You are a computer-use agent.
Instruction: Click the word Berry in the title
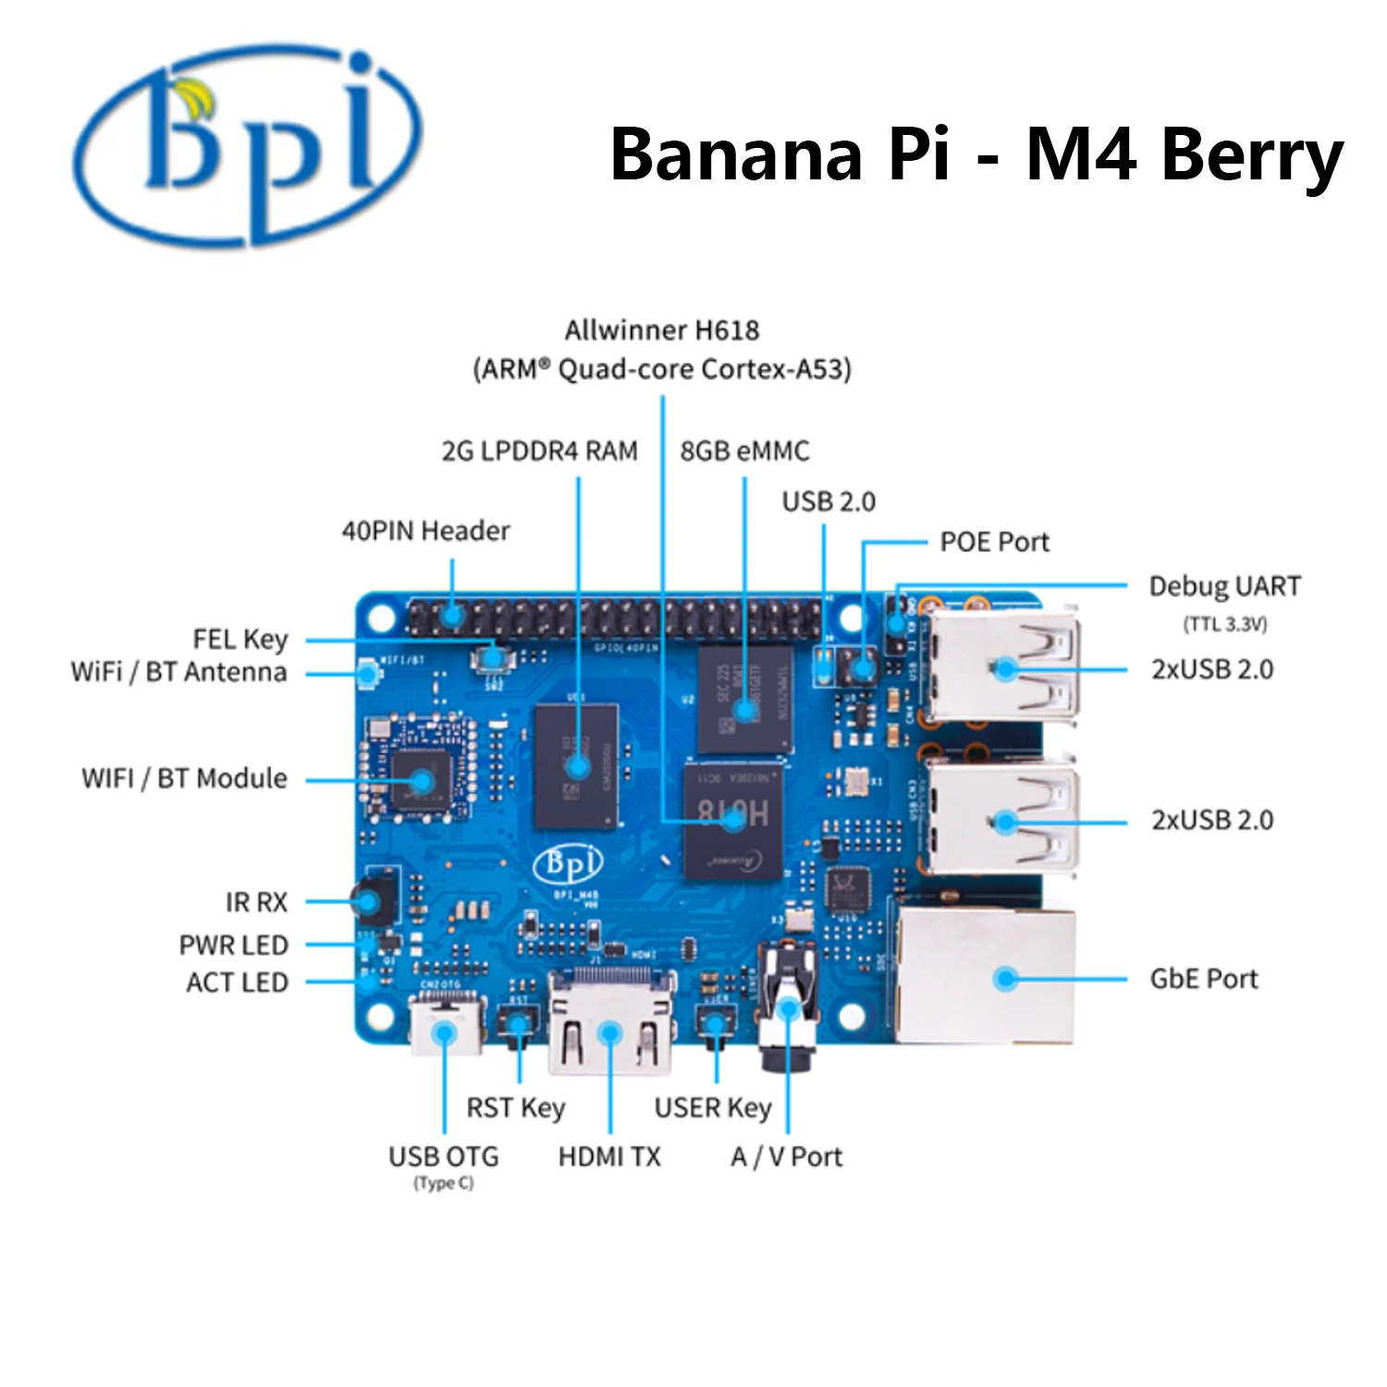(1251, 155)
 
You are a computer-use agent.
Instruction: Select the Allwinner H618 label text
(662, 330)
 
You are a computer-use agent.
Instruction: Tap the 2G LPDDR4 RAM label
(539, 451)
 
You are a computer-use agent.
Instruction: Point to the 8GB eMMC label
(744, 451)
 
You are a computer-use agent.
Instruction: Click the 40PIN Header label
(425, 531)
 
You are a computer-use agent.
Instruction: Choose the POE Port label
(994, 542)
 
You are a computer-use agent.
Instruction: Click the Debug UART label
(1224, 586)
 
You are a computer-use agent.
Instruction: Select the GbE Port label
(1203, 978)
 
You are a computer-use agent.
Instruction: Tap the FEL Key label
(240, 639)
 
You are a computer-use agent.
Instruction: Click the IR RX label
(256, 902)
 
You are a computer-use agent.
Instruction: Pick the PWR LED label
(234, 945)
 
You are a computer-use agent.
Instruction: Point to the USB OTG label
(443, 1157)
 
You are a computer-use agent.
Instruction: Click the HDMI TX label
(609, 1157)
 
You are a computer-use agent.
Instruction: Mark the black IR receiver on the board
(370, 900)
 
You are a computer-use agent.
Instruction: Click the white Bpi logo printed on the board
(568, 865)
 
